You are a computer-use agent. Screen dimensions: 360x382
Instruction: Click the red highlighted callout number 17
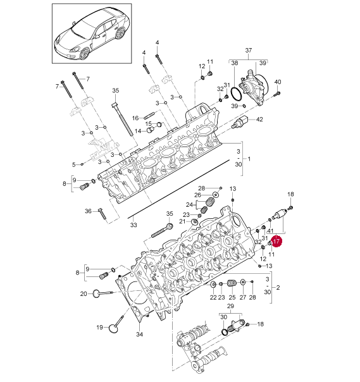(x=276, y=241)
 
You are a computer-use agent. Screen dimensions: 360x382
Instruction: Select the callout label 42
(x=259, y=119)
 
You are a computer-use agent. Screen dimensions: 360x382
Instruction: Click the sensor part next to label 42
(x=240, y=122)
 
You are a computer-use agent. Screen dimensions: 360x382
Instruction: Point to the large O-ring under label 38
(x=236, y=94)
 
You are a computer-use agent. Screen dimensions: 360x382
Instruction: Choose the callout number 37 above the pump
(x=248, y=50)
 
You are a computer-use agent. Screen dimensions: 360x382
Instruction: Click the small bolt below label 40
(x=277, y=94)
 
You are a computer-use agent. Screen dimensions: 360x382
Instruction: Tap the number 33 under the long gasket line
(x=133, y=225)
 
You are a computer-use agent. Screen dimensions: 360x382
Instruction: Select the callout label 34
(x=139, y=334)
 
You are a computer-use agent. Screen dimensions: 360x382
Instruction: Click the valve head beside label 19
(x=113, y=328)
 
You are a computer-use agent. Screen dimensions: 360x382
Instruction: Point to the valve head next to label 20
(x=96, y=293)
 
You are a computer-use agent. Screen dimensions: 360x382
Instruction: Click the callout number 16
(x=135, y=118)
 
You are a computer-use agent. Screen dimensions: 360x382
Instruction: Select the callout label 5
(x=73, y=164)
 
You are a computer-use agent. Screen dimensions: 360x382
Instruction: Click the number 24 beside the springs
(x=189, y=205)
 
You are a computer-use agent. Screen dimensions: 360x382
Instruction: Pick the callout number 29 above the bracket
(x=230, y=306)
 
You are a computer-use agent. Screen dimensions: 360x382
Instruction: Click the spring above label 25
(x=232, y=283)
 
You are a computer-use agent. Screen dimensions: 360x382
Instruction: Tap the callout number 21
(x=182, y=221)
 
